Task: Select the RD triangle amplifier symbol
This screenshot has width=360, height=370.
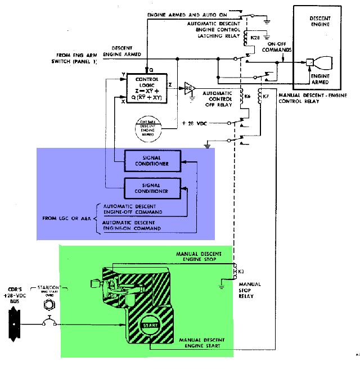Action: (x=189, y=88)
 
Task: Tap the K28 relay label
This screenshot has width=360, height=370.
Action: (x=254, y=37)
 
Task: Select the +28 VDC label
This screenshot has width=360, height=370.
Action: (x=201, y=123)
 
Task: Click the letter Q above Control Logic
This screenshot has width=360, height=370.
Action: (x=147, y=70)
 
